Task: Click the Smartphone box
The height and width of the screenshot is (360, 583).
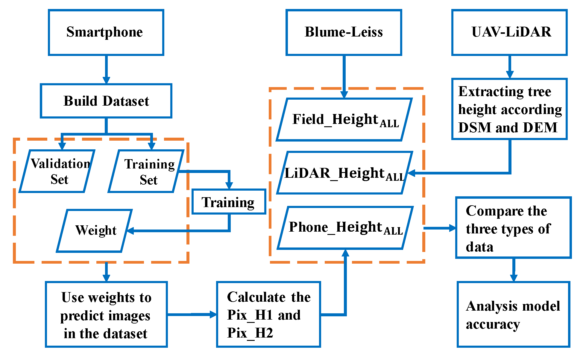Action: (106, 32)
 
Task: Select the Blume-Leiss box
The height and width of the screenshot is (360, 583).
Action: (344, 32)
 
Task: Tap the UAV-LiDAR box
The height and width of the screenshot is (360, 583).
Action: (509, 32)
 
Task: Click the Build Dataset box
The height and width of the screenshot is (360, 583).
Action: (106, 101)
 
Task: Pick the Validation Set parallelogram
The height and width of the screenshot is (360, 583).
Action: (57, 171)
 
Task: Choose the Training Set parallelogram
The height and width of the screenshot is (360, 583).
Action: (146, 171)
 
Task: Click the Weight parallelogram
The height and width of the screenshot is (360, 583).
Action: (95, 231)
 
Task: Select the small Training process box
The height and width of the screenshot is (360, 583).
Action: (229, 202)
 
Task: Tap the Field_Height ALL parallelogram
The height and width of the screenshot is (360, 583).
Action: (344, 119)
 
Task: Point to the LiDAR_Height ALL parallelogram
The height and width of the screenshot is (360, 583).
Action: (344, 173)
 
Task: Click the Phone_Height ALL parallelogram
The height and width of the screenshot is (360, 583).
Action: (345, 227)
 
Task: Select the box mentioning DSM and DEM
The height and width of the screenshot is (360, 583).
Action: (509, 109)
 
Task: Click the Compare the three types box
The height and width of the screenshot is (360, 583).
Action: (513, 227)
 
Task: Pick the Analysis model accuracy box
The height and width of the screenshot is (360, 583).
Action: (513, 314)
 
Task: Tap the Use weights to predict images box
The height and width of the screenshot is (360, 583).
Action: (106, 314)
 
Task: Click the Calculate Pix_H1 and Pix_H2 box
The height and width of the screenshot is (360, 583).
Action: (268, 314)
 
